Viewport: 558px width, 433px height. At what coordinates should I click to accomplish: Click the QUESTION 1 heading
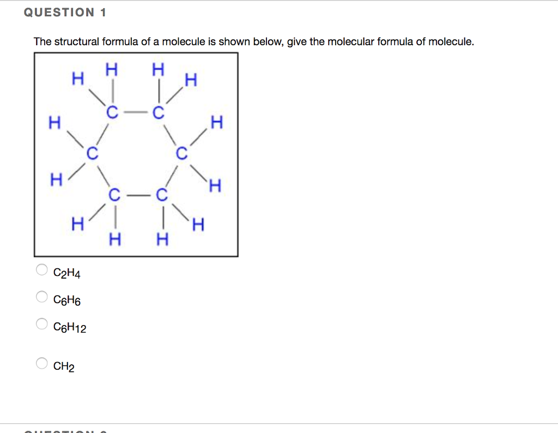click(65, 13)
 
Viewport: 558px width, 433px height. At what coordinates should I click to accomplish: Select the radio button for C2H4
click(41, 269)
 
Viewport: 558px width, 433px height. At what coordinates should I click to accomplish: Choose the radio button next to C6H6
click(41, 297)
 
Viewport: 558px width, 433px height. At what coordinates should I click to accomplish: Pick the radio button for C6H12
click(41, 324)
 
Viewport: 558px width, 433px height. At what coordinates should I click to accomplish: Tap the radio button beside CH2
click(41, 363)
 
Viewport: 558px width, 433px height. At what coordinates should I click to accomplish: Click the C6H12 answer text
click(70, 328)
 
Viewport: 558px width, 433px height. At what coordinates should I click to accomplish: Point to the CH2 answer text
click(64, 366)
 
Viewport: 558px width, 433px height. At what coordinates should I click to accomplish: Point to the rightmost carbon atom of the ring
click(181, 154)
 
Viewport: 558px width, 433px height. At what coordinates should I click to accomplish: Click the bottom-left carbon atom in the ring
click(114, 195)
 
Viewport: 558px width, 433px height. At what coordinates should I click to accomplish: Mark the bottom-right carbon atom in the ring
click(160, 195)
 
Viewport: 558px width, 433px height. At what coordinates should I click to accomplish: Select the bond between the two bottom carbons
click(137, 195)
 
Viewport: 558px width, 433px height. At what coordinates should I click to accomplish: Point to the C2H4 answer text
click(67, 273)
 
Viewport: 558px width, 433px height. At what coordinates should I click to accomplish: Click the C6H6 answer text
click(67, 300)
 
